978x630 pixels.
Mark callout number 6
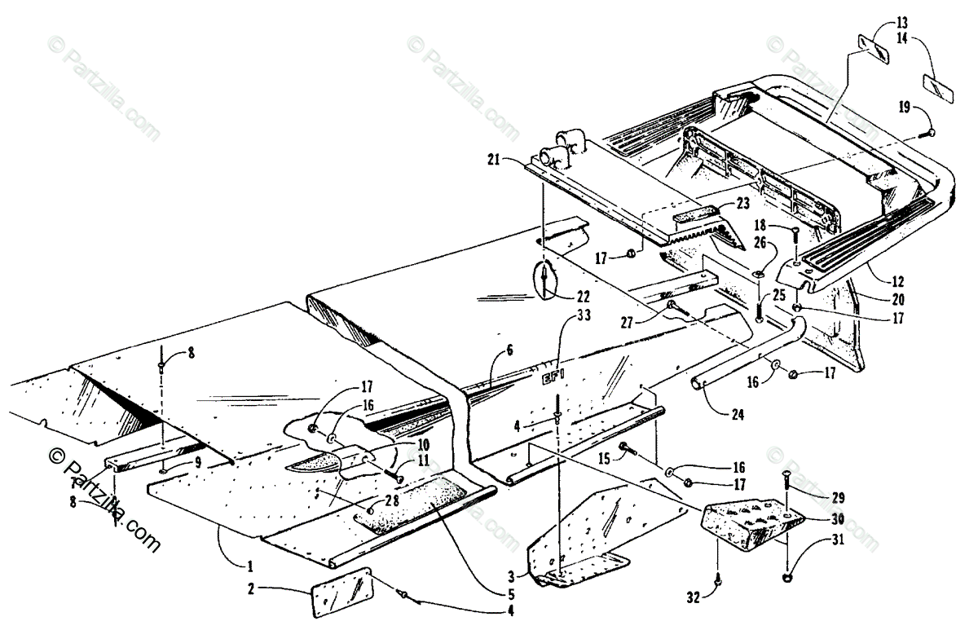509,350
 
